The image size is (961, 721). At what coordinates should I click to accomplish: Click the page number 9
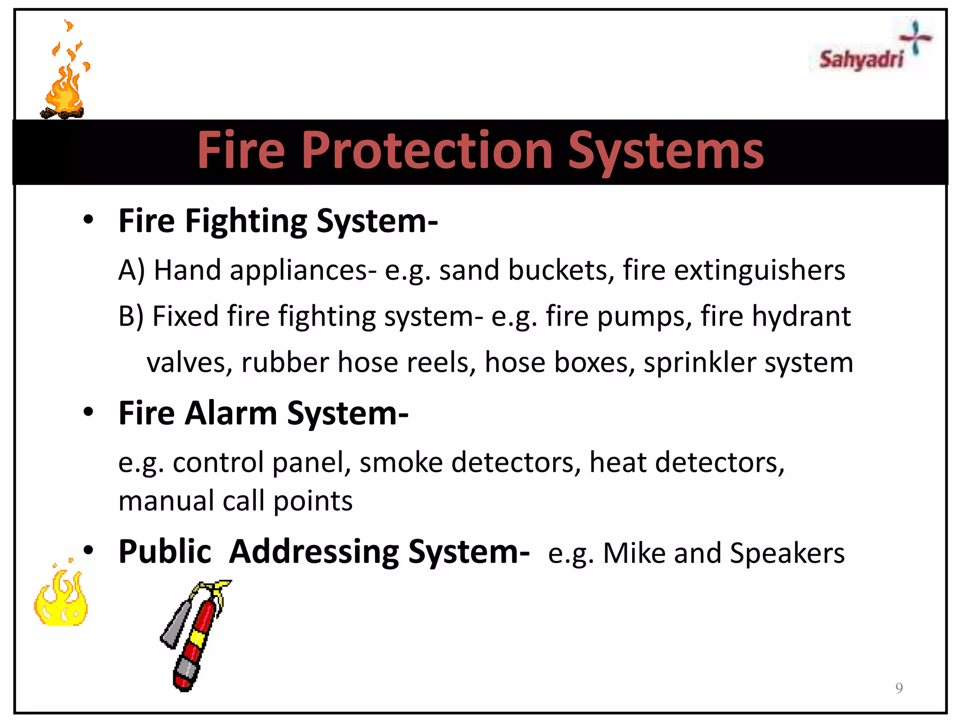(899, 688)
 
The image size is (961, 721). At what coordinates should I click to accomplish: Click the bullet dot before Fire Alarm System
(88, 412)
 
